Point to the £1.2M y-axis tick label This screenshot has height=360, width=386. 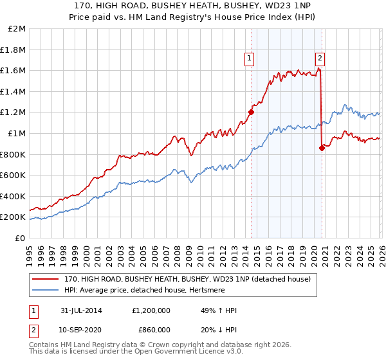[x=14, y=113]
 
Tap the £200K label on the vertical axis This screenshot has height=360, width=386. [x=14, y=217]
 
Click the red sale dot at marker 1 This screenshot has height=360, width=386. [x=251, y=112]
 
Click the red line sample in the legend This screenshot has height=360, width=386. [x=46, y=279]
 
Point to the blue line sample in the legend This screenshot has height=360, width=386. [x=46, y=290]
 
